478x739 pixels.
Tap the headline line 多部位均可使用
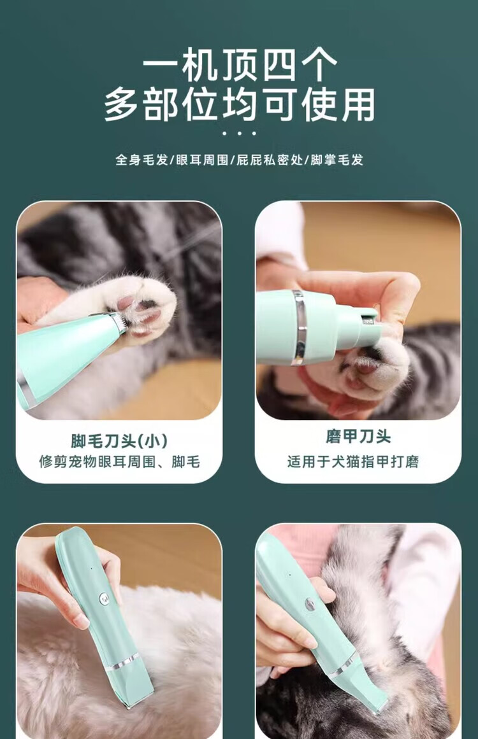[x=240, y=104]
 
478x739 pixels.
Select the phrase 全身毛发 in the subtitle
[x=142, y=160]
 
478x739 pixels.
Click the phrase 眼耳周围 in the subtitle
[x=203, y=160]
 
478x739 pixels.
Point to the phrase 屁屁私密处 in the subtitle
[x=270, y=160]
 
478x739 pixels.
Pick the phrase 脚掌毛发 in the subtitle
[x=337, y=160]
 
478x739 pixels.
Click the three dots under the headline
[x=239, y=134]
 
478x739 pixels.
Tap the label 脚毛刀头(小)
[x=119, y=441]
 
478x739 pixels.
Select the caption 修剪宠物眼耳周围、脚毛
[x=119, y=462]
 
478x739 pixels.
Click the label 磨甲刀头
[x=359, y=437]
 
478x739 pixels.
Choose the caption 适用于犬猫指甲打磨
[x=353, y=461]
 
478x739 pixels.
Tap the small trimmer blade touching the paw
[x=122, y=323]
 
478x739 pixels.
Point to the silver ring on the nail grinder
[x=299, y=328]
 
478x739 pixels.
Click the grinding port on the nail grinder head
[x=368, y=321]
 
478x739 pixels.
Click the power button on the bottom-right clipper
[x=310, y=605]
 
